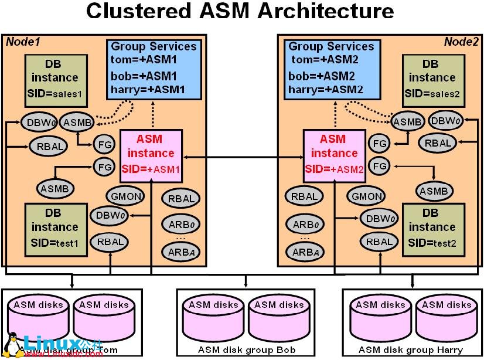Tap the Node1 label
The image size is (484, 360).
click(x=22, y=42)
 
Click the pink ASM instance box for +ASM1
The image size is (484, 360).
click(x=151, y=155)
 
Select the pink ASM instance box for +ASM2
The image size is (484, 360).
click(x=334, y=155)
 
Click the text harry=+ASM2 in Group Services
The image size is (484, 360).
click(x=326, y=89)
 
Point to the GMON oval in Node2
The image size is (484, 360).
click(x=366, y=197)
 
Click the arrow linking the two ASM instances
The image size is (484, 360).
click(x=243, y=157)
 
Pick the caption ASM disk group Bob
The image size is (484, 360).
click(x=243, y=350)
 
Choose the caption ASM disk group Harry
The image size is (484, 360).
click(x=410, y=350)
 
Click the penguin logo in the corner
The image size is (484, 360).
click(x=12, y=345)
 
